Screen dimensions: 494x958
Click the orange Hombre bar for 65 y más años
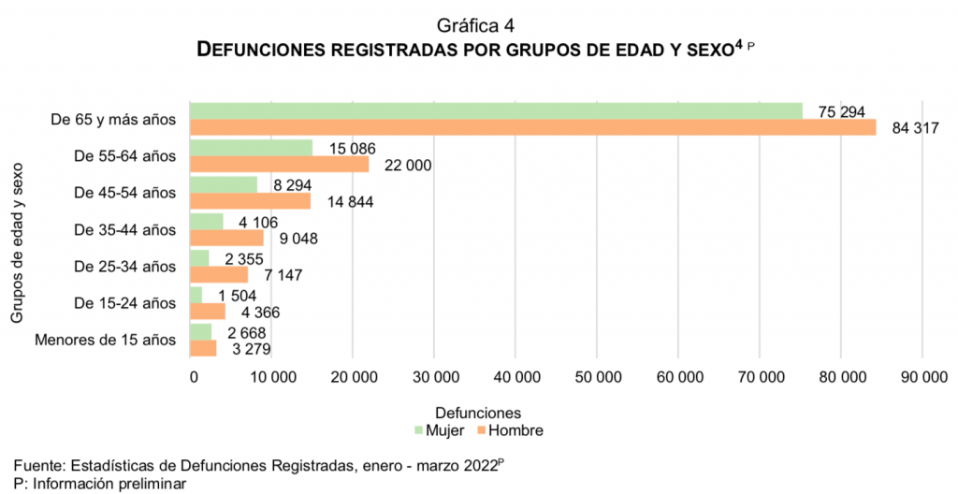point(532,127)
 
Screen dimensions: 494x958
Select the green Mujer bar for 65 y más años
point(496,111)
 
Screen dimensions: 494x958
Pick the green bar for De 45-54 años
point(224,184)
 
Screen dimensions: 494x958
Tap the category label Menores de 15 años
point(105,340)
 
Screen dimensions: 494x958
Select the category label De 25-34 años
point(124,267)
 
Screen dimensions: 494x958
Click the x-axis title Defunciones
point(478,412)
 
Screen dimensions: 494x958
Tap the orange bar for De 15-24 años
point(208,311)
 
